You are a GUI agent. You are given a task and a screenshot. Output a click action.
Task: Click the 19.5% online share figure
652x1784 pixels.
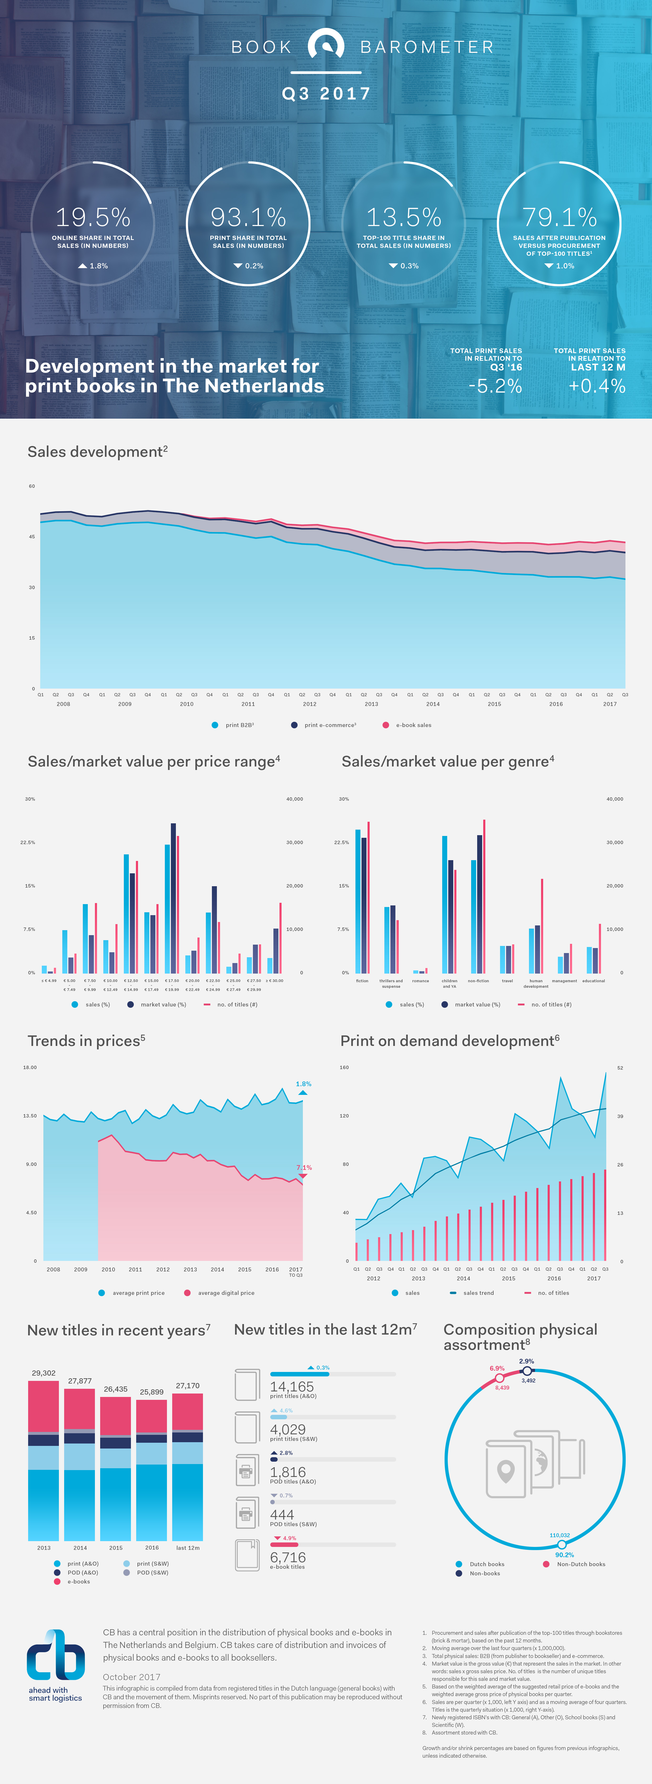tap(93, 217)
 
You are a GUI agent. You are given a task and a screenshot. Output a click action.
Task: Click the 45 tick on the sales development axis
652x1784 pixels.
tap(32, 537)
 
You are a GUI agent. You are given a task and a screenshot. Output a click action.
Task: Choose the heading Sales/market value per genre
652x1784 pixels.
tap(447, 762)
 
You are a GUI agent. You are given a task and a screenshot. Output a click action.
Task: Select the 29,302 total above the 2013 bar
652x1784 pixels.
tap(44, 1373)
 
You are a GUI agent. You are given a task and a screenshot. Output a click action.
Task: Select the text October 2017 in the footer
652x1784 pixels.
tap(131, 1677)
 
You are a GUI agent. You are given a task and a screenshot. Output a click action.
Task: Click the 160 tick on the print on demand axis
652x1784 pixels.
tap(344, 1067)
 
